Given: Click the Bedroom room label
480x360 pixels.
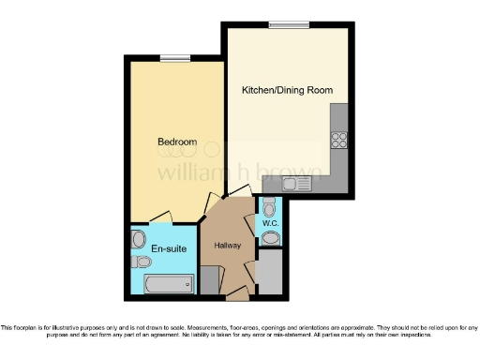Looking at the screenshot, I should [175, 142].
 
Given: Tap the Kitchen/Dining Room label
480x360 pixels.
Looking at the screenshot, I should [287, 91].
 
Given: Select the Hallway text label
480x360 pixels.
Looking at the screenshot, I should [228, 245].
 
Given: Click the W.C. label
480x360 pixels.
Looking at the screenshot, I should [269, 223].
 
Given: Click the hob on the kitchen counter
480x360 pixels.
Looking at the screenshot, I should [339, 140].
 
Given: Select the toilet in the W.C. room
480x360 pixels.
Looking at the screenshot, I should [269, 206].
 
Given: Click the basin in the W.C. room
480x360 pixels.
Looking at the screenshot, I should [271, 239].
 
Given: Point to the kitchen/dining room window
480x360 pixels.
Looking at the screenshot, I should [281, 24].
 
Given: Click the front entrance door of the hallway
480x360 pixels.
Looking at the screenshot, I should [237, 295].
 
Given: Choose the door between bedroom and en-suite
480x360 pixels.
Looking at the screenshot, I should [160, 217].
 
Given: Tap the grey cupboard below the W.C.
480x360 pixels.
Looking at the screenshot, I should [269, 273].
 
